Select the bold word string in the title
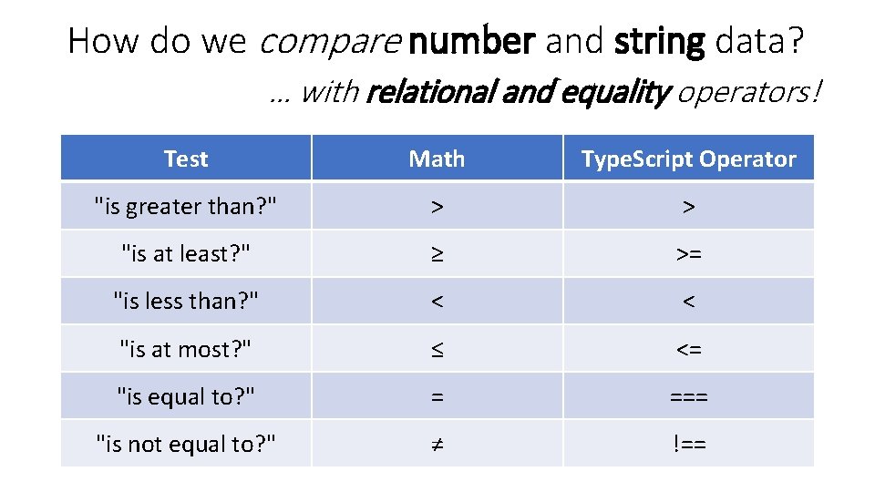pyautogui.click(x=660, y=41)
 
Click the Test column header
pyautogui.click(x=186, y=159)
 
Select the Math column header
pyautogui.click(x=437, y=159)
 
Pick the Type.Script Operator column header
pyautogui.click(x=688, y=159)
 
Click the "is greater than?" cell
pyautogui.click(x=186, y=207)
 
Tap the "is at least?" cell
pyautogui.click(x=186, y=254)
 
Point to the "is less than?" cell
pyautogui.click(x=186, y=302)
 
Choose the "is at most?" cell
pyautogui.click(x=186, y=349)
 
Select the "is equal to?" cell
pyautogui.click(x=186, y=396)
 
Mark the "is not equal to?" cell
pyautogui.click(x=186, y=444)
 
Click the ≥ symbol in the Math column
pyautogui.click(x=437, y=254)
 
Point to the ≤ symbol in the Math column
pyautogui.click(x=437, y=349)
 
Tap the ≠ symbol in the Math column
pyautogui.click(x=437, y=444)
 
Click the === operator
pyautogui.click(x=689, y=396)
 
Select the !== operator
pyautogui.click(x=689, y=444)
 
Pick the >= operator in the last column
pyautogui.click(x=689, y=254)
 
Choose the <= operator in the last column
pyautogui.click(x=689, y=349)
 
